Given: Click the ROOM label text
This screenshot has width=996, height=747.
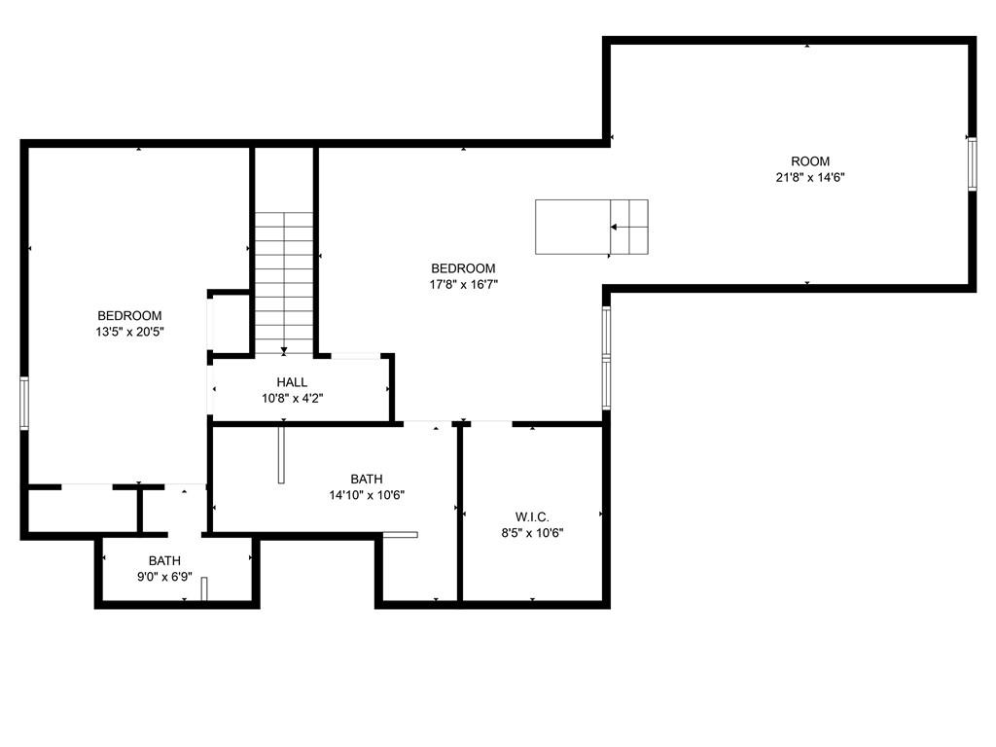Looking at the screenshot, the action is (810, 161).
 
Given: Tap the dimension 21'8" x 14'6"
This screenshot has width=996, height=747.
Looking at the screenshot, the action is (810, 177).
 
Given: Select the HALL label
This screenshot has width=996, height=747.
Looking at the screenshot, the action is (292, 382).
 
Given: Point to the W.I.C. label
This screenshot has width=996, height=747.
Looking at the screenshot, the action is (532, 517).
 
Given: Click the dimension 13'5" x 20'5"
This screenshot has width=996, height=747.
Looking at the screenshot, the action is (129, 332).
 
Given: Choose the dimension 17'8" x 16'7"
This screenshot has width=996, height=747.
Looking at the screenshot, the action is (463, 285).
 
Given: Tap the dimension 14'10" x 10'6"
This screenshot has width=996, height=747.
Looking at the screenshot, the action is (367, 495).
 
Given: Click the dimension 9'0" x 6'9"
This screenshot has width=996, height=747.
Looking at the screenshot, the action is (164, 577).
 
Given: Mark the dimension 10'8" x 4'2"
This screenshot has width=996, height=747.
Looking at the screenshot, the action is (292, 399).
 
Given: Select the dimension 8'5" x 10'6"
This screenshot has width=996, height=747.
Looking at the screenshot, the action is (532, 534).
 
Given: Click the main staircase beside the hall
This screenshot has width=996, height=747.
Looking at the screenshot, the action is (284, 283).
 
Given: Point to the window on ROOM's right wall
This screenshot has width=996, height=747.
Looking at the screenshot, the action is (972, 163).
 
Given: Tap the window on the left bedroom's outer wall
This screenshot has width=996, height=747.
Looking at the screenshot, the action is (24, 404).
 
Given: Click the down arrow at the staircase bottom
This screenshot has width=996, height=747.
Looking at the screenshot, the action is (284, 350).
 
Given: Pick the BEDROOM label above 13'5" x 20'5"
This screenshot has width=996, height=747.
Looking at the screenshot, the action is (129, 316).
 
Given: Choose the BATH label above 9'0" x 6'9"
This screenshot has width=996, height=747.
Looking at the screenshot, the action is (164, 561).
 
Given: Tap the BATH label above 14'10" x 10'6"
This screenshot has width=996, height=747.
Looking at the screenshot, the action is (367, 479).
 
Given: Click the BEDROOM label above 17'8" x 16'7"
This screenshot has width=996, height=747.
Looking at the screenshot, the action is (463, 268).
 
